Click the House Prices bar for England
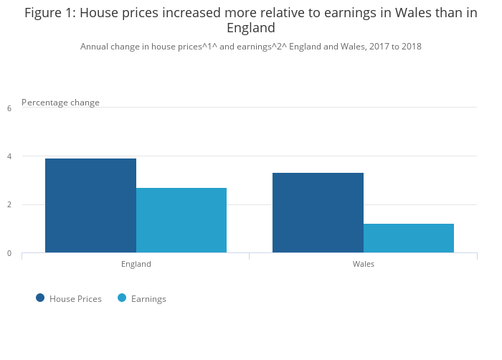coord(90,205)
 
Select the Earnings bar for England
coord(181,220)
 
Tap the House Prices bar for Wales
coord(318,213)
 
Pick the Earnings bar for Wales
coord(409,238)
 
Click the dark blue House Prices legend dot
coord(40,298)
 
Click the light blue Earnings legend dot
coord(122,298)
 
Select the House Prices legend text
coord(75,299)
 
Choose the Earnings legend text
coord(148,299)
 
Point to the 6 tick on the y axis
coord(9,108)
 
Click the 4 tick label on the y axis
coord(9,156)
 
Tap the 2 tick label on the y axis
coord(9,204)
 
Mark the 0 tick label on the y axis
coord(9,253)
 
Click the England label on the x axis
coord(136,264)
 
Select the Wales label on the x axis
coord(364,264)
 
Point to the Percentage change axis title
coord(60,103)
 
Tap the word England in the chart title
coord(251,28)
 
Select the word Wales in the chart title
coord(414,13)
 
